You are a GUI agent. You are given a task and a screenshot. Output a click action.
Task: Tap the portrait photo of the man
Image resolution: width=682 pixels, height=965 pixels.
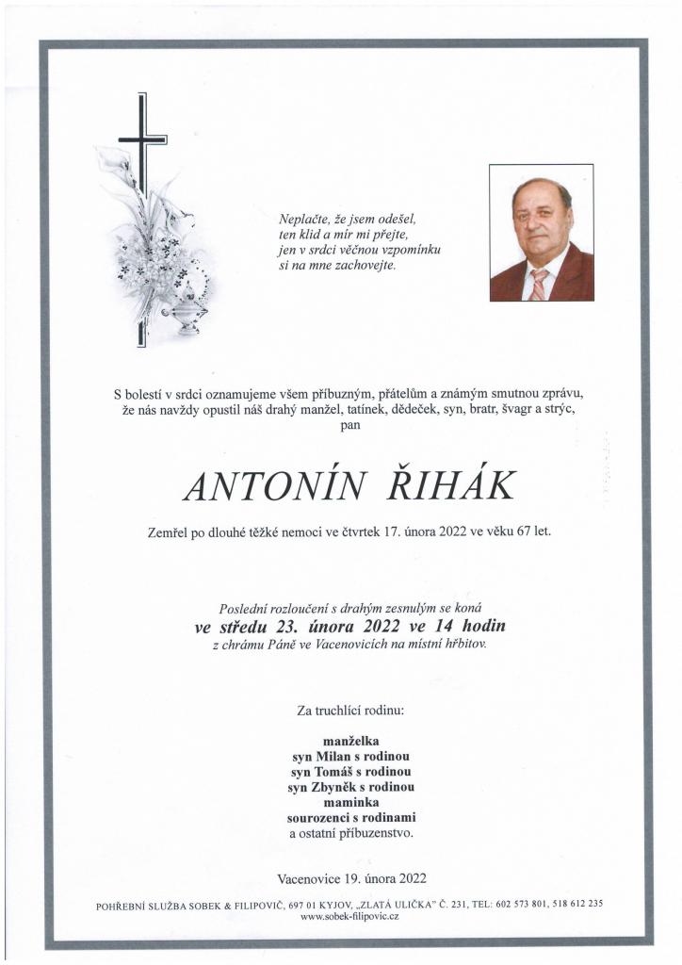541,232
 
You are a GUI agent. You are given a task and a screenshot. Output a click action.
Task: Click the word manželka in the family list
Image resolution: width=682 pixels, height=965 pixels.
350,741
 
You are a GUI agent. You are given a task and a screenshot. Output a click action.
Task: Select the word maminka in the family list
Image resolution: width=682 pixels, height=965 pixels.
350,802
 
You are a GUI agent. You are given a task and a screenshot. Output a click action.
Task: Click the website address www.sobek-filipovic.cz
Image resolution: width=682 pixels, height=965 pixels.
349,916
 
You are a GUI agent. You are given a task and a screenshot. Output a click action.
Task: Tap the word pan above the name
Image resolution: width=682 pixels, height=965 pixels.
350,426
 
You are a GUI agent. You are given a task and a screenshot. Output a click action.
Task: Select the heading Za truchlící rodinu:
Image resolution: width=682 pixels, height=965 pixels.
350,709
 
